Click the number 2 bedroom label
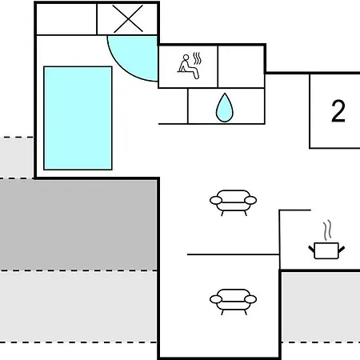pyautogui.click(x=338, y=111)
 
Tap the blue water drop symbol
pyautogui.click(x=225, y=108)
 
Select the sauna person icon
pyautogui.click(x=189, y=66)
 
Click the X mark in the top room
pyautogui.click(x=128, y=19)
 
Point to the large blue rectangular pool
pyautogui.click(x=78, y=118)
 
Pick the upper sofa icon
pyautogui.click(x=233, y=202)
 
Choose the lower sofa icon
pyautogui.click(x=233, y=302)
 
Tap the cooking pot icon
pyautogui.click(x=326, y=250)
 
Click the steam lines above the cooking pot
pyautogui.click(x=327, y=230)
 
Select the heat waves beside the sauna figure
pyautogui.click(x=197, y=58)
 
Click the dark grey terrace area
pyautogui.click(x=78, y=225)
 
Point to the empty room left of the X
pyautogui.click(x=66, y=19)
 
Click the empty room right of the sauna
pyautogui.click(x=241, y=66)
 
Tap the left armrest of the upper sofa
pyautogui.click(x=216, y=200)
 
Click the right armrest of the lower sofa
pyautogui.click(x=250, y=299)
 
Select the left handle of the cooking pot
pyautogui.click(x=312, y=250)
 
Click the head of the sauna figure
pyautogui.click(x=186, y=58)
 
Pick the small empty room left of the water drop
pyautogui.click(x=173, y=106)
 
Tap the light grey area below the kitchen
pyautogui.click(x=321, y=306)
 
